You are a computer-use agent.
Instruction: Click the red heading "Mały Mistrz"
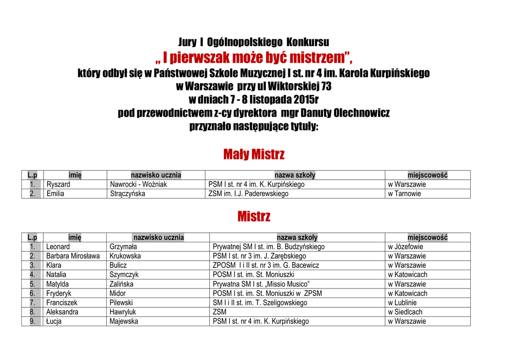click(x=254, y=154)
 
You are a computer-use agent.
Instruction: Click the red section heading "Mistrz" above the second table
click(x=254, y=216)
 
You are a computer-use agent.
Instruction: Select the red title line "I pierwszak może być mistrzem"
click(x=254, y=58)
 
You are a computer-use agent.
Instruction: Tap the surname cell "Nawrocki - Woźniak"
click(x=138, y=184)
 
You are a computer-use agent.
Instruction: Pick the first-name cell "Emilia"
click(x=55, y=194)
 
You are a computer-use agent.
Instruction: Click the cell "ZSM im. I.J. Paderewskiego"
click(x=248, y=194)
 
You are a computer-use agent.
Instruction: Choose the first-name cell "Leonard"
click(x=58, y=247)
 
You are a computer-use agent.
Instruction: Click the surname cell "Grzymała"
click(x=123, y=247)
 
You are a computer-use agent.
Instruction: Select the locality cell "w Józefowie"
click(x=406, y=247)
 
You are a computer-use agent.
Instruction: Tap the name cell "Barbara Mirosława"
click(x=73, y=256)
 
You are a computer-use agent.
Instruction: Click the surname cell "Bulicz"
click(x=118, y=265)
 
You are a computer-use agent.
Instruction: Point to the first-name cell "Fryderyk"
click(x=60, y=293)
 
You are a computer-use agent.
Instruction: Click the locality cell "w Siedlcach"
click(x=405, y=312)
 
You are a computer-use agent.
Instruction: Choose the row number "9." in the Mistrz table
click(x=32, y=321)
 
